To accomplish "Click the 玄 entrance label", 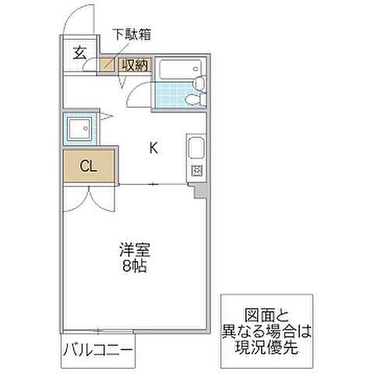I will [x=79, y=53].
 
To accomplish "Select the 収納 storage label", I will [x=135, y=65].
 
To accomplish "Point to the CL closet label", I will [x=88, y=165].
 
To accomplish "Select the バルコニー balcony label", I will [x=98, y=350].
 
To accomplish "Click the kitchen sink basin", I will [x=195, y=147].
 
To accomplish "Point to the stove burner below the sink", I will [x=196, y=171].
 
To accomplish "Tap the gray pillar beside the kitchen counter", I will [x=200, y=189].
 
